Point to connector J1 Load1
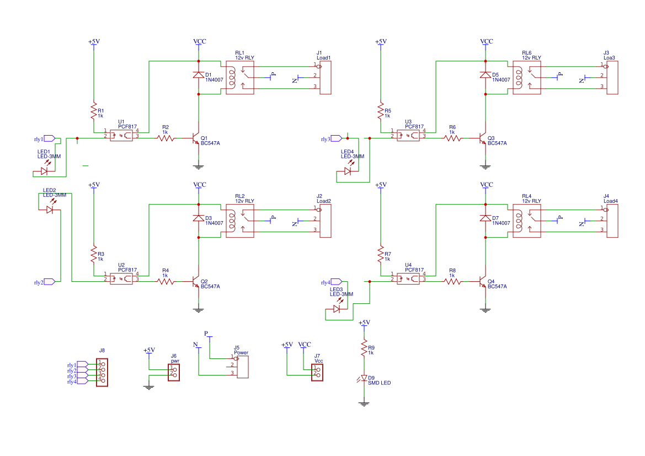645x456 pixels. (325, 78)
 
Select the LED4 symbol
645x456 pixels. (348, 171)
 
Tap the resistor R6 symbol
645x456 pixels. (452, 138)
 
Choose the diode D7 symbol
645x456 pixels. (486, 219)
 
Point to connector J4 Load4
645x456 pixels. (612, 221)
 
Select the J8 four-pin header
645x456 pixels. (102, 372)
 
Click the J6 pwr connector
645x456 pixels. (174, 371)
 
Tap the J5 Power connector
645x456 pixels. (241, 366)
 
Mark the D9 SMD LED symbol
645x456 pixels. (364, 379)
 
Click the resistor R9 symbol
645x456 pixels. (364, 348)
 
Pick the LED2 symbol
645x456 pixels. (50, 210)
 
